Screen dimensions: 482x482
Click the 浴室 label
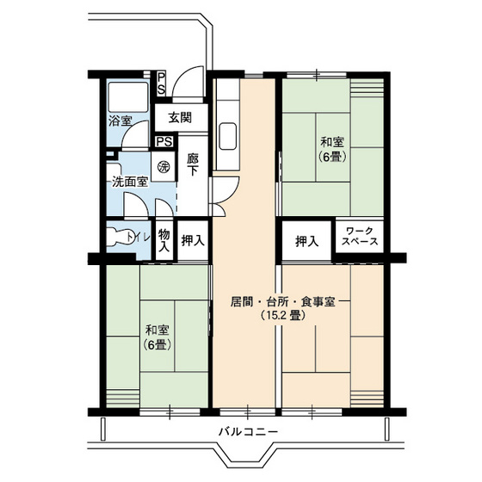(x=120, y=120)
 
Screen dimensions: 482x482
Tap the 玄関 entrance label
(x=179, y=117)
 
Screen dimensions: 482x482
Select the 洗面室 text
(x=129, y=182)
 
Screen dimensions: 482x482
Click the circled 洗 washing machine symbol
(x=163, y=167)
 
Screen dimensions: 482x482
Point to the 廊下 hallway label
(x=192, y=164)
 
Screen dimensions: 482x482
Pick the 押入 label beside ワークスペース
(x=307, y=241)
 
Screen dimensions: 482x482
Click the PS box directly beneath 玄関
(x=164, y=142)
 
